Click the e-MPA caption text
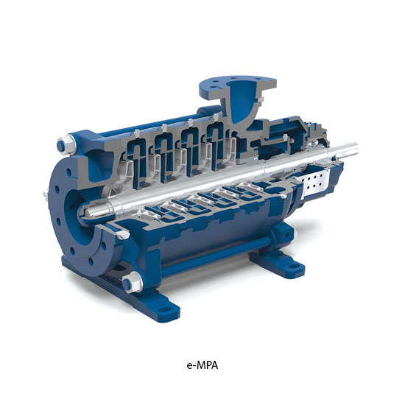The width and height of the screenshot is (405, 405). click(x=202, y=365)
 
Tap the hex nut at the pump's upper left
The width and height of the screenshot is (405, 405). click(x=65, y=145)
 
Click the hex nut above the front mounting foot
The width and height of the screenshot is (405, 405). click(x=132, y=282)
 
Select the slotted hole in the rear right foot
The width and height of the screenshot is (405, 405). click(x=293, y=267)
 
